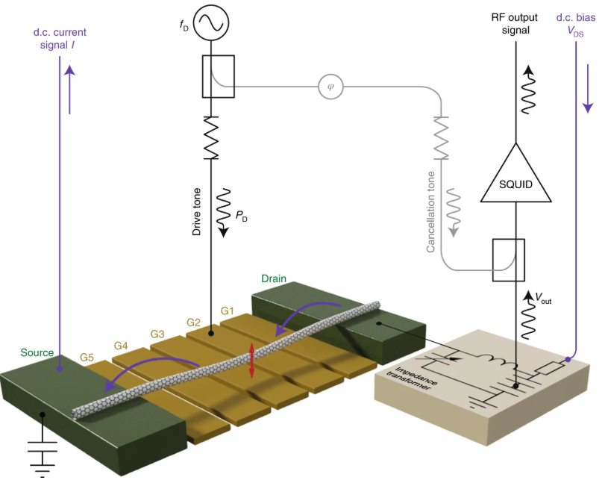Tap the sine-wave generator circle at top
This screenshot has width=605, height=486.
[x=211, y=22]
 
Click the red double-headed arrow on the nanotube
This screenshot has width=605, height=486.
[x=252, y=360]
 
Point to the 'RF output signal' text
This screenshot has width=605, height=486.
[x=516, y=24]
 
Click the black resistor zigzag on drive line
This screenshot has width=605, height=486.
[x=211, y=138]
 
